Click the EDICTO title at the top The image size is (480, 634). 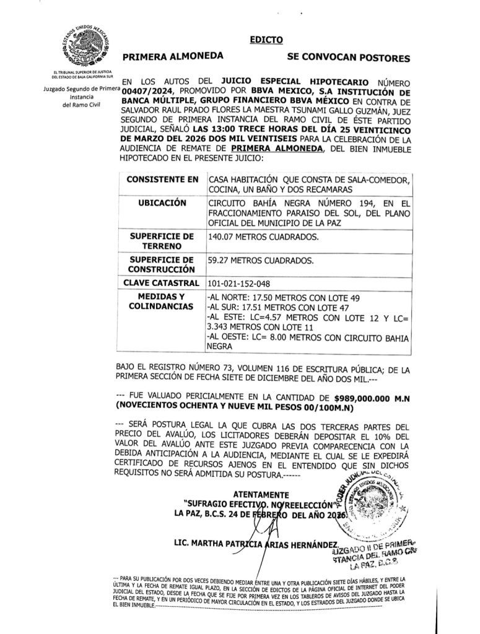(x=266, y=40)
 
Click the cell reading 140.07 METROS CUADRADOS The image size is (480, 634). (x=263, y=237)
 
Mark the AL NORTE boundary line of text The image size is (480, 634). (x=284, y=297)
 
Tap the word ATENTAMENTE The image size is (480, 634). (x=261, y=495)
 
